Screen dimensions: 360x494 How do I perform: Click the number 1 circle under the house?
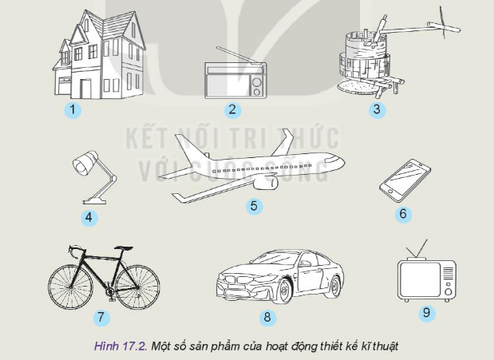coord(73,109)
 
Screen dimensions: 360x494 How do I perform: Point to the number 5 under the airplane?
coord(254,206)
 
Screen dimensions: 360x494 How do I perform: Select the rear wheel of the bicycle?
coord(72,280)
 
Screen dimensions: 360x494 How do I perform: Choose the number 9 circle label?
coord(426,312)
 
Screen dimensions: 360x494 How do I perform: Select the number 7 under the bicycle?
coord(101,317)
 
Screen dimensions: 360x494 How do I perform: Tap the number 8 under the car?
coord(267,317)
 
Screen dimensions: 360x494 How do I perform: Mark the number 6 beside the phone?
coord(403,213)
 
